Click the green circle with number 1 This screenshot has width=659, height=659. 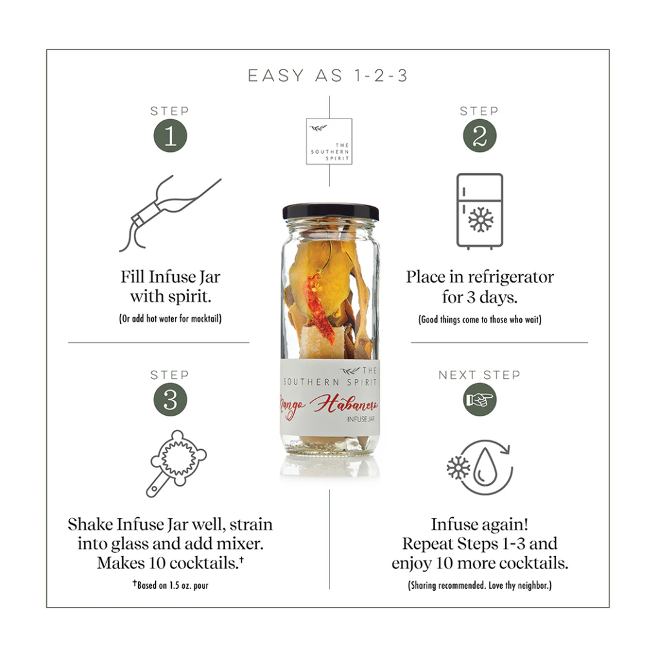pos(170,136)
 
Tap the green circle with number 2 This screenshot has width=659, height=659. pos(479,136)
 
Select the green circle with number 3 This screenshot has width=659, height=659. pos(170,399)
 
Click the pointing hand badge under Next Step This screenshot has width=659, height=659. pos(479,399)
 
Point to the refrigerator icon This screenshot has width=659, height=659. pos(479,211)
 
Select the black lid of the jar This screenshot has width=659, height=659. pos(330,211)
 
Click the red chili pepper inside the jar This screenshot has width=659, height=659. pos(319,307)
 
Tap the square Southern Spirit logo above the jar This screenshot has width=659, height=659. pos(329,141)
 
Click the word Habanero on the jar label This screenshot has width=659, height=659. pos(344,404)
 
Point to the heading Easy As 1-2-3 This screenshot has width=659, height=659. pos(328,76)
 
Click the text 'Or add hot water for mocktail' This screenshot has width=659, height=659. pos(170,318)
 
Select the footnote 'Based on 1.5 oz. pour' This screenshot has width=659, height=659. pos(171,584)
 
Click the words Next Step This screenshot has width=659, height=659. pos(479,375)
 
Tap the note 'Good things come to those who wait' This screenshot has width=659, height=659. pos(479,319)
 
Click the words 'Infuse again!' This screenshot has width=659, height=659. pos(479,524)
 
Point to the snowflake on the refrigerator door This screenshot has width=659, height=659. pos(481,220)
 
